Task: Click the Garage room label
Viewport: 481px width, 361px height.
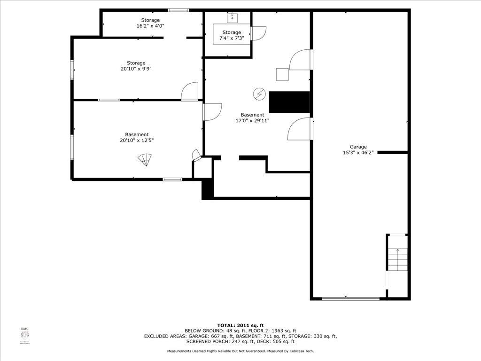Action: pyautogui.click(x=358, y=147)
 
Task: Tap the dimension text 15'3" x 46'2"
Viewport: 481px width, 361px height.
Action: pyautogui.click(x=358, y=152)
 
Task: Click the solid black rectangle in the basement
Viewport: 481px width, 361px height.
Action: pyautogui.click(x=289, y=102)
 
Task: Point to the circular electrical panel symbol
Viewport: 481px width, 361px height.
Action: pyautogui.click(x=258, y=94)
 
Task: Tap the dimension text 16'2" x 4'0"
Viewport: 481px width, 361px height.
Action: pyautogui.click(x=150, y=26)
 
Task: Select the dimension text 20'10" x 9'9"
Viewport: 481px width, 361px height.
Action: pyautogui.click(x=136, y=69)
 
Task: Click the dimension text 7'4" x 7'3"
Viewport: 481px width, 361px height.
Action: pyautogui.click(x=232, y=38)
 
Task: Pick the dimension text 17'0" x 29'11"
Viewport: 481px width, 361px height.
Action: pyautogui.click(x=252, y=120)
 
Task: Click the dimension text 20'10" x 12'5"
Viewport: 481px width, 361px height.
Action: pyautogui.click(x=137, y=140)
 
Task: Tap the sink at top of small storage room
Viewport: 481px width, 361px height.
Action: pyautogui.click(x=232, y=18)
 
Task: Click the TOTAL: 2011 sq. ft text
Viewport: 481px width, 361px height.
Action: pyautogui.click(x=240, y=325)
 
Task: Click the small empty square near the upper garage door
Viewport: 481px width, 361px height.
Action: pyautogui.click(x=282, y=75)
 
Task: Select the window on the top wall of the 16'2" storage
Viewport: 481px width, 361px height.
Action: pyautogui.click(x=178, y=10)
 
